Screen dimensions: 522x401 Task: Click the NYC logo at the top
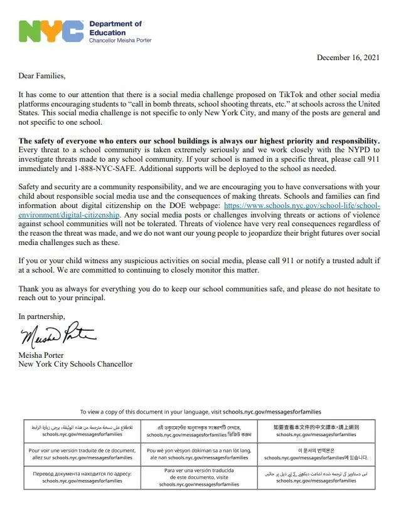coord(51,31)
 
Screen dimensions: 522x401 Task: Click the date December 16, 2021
coord(348,58)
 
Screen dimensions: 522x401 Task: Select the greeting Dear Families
coord(41,76)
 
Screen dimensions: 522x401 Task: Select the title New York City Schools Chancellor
coord(75,363)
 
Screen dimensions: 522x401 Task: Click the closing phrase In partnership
coord(41,316)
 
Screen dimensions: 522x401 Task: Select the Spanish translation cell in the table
coord(198,478)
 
